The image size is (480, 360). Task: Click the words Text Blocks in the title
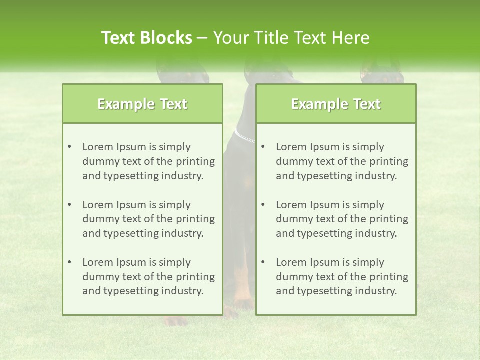(x=146, y=38)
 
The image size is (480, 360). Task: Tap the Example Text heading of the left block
(x=142, y=104)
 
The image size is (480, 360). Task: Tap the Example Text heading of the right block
(x=336, y=104)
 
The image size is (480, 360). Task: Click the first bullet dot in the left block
(x=69, y=147)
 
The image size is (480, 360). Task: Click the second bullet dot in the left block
(x=69, y=205)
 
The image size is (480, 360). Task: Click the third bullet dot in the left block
(x=69, y=262)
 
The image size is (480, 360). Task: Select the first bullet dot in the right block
(x=263, y=147)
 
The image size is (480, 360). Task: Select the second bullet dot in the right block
(x=263, y=205)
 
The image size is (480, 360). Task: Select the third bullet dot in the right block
(x=263, y=262)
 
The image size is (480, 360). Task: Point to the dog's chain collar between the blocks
(x=244, y=136)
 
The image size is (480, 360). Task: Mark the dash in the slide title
(x=202, y=38)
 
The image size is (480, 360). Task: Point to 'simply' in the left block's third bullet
(x=175, y=262)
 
